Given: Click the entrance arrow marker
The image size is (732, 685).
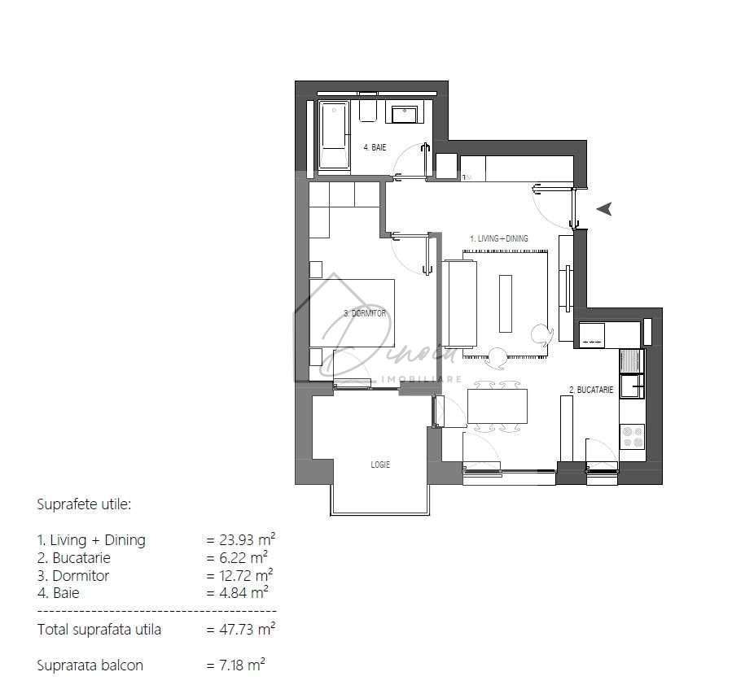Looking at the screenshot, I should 604,209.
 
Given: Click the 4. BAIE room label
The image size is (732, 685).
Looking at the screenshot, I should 375,147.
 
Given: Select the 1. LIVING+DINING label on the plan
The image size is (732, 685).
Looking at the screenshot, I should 499,238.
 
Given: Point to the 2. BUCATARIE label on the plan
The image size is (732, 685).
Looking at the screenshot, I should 590,390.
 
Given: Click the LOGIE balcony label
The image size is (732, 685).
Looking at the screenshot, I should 379,465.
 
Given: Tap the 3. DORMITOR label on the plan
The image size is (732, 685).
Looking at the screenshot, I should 364,313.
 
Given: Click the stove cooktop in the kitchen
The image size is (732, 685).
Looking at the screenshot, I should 632,436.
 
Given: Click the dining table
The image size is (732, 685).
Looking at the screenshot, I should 497,406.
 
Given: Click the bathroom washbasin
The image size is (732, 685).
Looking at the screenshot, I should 405,113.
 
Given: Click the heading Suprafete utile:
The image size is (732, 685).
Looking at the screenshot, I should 84,504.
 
